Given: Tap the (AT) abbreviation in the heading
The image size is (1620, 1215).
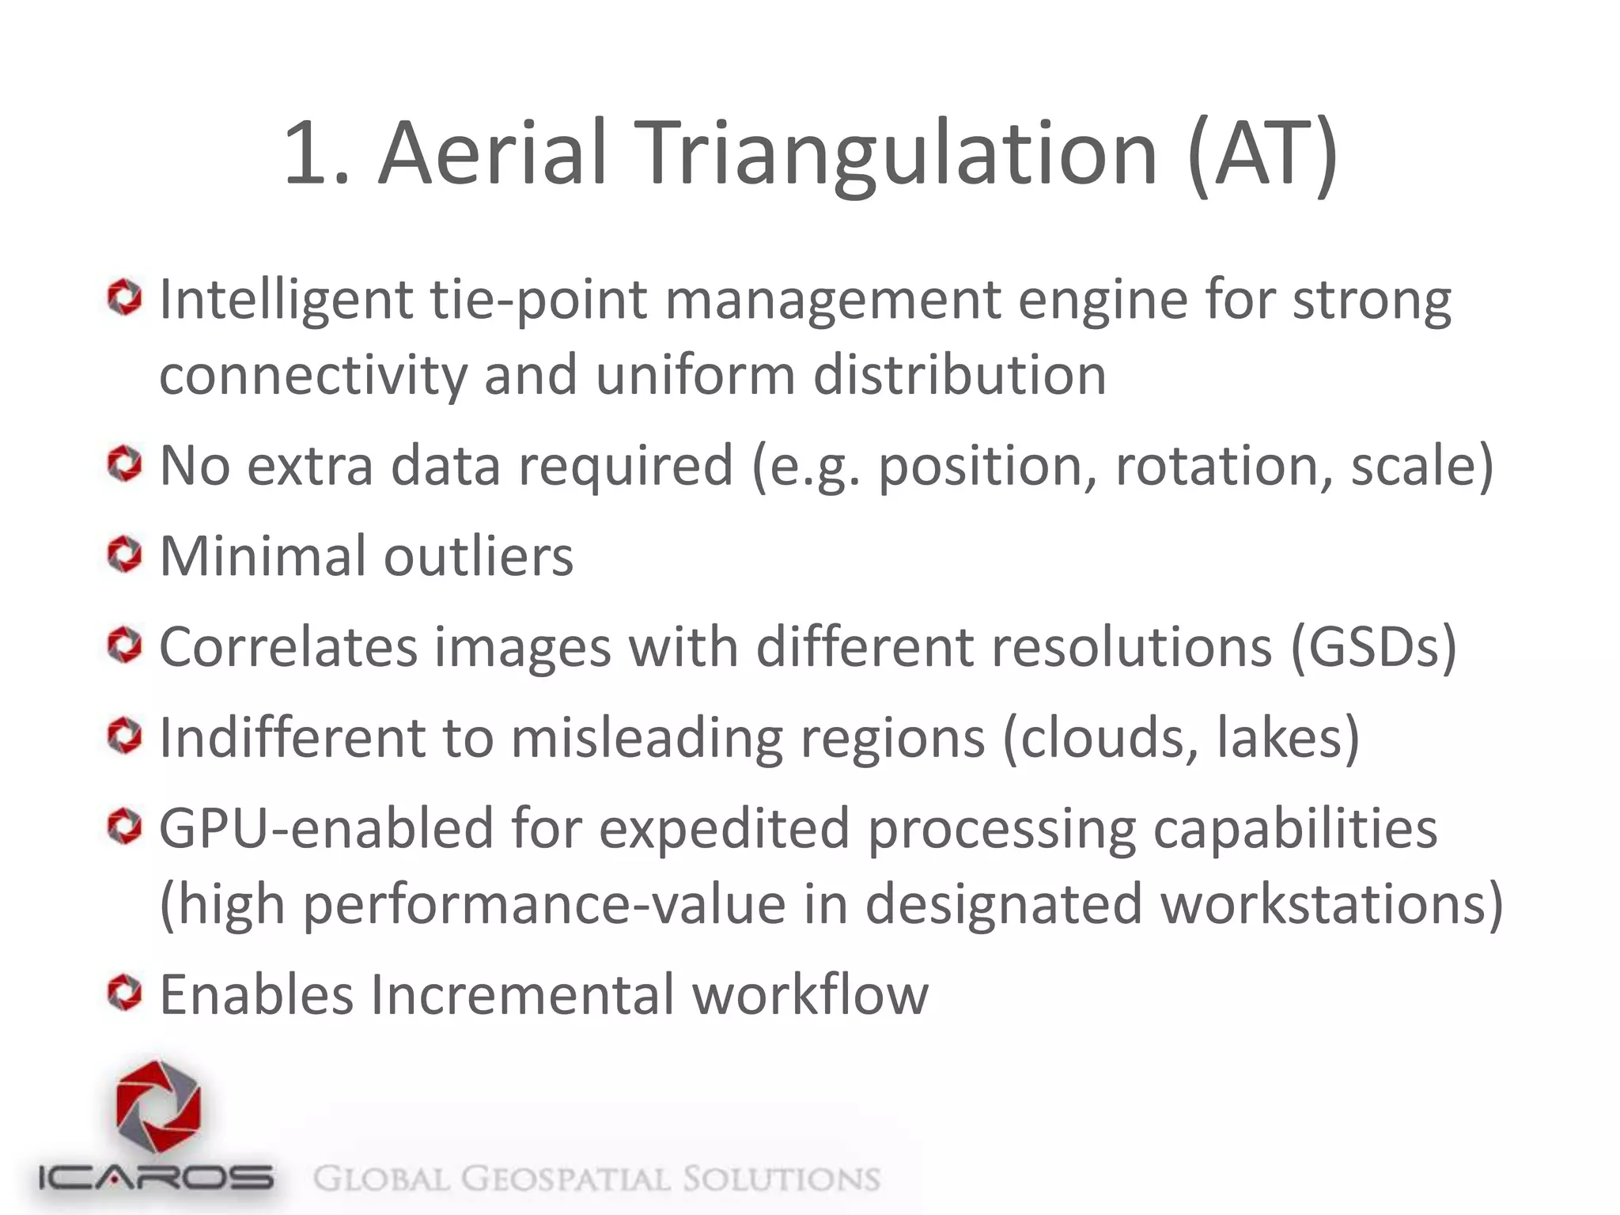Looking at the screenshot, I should pos(1262,154).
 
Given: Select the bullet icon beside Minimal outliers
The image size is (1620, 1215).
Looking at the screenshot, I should pos(124,555).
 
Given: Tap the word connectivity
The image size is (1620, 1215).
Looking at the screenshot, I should pos(313,375).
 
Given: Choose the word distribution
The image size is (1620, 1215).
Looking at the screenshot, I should pos(960,375).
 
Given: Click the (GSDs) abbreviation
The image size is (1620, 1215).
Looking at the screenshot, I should pos(1373,647).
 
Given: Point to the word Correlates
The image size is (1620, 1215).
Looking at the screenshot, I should pos(288,647).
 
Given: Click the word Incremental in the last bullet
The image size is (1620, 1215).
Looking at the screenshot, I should pos(522,994).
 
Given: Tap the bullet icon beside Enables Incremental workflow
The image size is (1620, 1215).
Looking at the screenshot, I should pos(124,993).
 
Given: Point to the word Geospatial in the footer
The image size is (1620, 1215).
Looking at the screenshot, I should pos(566,1179).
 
